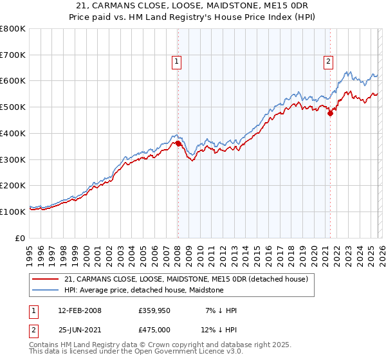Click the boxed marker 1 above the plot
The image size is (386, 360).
(176, 62)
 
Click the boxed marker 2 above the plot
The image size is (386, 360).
(328, 62)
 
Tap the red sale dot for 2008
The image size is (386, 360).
(178, 144)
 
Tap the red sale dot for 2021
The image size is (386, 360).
(330, 114)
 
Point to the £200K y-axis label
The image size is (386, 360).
(14, 185)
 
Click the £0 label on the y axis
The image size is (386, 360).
(21, 238)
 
